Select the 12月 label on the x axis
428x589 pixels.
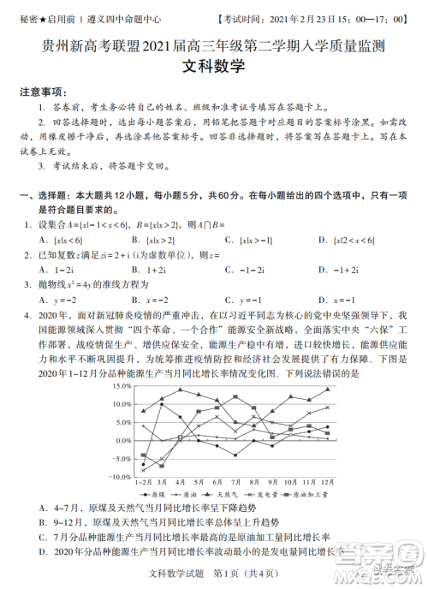pyautogui.click(x=327, y=484)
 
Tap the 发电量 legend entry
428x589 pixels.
pyautogui.click(x=265, y=495)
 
